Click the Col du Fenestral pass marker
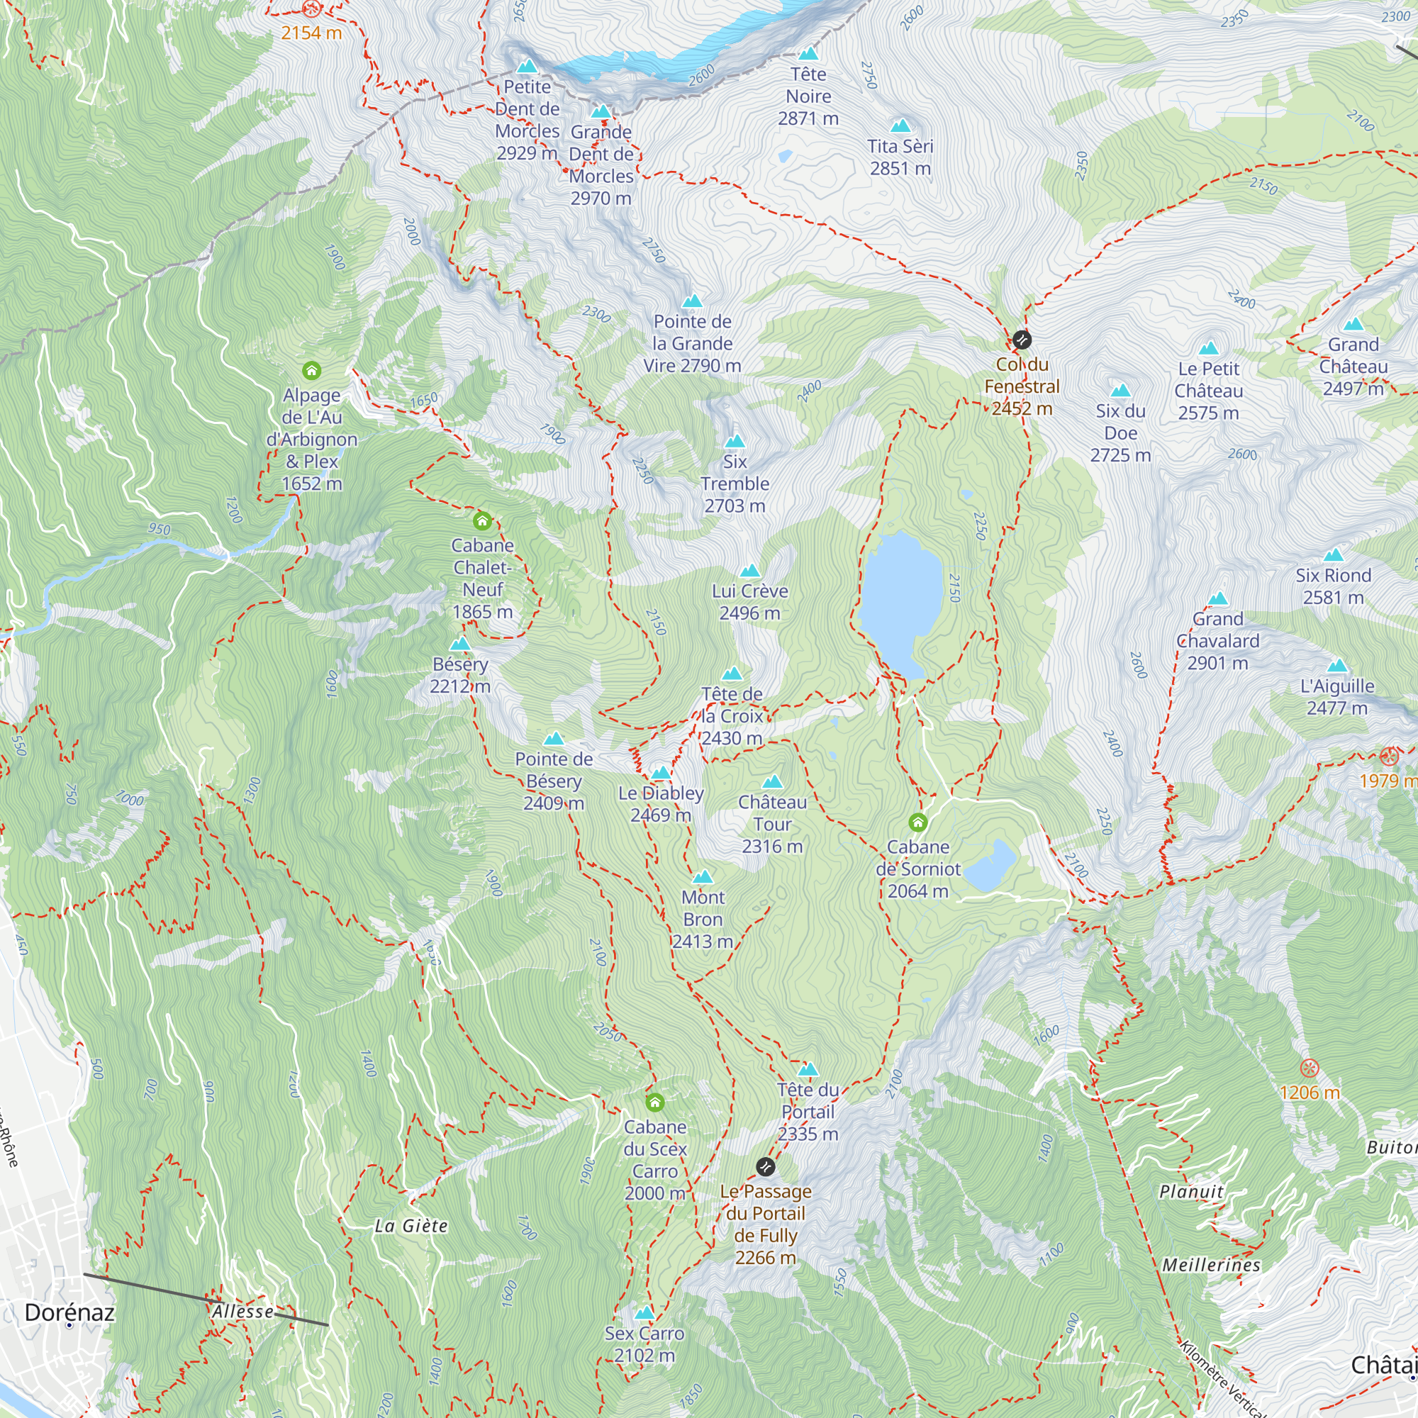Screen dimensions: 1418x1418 coord(1022,340)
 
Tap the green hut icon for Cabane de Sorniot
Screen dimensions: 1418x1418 coord(917,822)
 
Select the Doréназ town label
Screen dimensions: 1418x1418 coord(69,1312)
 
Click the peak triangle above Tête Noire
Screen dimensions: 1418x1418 coord(808,54)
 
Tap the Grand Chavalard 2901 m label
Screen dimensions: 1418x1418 coord(1217,641)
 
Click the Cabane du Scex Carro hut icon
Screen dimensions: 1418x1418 coord(654,1102)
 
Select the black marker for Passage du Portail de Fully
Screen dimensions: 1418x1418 coord(766,1166)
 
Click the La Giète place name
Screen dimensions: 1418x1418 coord(411,1226)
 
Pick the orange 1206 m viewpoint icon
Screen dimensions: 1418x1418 coord(1310,1068)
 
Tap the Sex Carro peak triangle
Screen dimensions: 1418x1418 coord(644,1313)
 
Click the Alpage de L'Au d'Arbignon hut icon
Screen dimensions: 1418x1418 coord(311,371)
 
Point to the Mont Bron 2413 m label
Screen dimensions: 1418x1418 coord(703,919)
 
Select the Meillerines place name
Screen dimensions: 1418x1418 coord(1212,1265)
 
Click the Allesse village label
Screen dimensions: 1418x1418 coord(243,1311)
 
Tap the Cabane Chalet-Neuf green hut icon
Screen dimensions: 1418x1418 coord(481,521)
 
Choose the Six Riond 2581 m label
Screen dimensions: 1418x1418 coord(1333,586)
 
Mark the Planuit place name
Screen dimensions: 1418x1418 coord(1191,1191)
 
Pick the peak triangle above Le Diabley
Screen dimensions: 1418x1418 coord(661,773)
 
